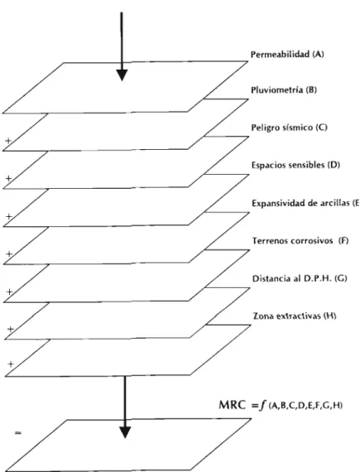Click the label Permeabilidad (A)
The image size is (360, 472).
coord(287,55)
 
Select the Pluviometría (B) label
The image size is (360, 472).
coord(284,90)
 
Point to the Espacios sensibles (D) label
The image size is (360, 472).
coord(295,165)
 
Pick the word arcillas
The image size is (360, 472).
coord(335,203)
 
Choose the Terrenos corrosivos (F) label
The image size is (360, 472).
coord(300,241)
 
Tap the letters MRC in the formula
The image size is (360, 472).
coord(233,405)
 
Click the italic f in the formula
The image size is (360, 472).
coord(263,406)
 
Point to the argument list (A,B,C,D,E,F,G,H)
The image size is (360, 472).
coord(305,406)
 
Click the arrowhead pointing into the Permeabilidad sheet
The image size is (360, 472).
coord(122,75)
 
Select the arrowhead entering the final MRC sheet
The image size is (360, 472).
coord(125,432)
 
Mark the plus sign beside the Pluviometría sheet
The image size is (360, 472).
coord(8,141)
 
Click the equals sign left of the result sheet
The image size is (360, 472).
coord(18,433)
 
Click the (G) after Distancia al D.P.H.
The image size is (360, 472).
coord(341,278)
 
